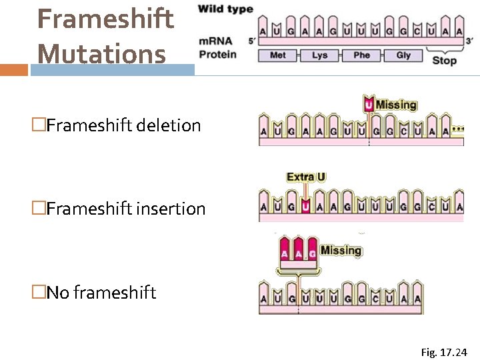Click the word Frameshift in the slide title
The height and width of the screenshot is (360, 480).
click(105, 19)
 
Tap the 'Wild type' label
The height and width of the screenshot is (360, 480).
click(225, 9)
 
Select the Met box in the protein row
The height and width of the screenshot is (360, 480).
click(277, 55)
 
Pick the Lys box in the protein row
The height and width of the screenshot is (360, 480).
click(319, 55)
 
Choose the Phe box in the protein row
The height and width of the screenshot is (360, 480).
click(361, 55)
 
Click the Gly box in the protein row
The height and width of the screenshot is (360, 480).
click(403, 55)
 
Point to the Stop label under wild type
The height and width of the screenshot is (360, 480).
click(445, 61)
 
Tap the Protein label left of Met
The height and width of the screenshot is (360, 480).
click(218, 54)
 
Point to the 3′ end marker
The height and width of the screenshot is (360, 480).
click(469, 40)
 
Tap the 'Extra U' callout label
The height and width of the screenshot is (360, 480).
click(306, 177)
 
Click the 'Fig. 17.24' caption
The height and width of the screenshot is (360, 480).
click(444, 352)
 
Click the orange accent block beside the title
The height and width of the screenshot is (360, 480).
click(14, 70)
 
